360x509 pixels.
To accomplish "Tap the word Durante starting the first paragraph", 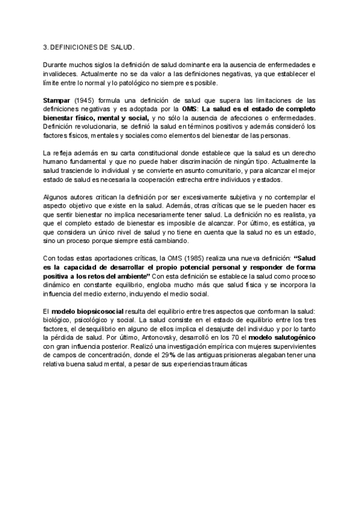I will pos(55,64).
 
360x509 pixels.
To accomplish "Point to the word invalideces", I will pos(59,73).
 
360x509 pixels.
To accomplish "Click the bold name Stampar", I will pos(56,100).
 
